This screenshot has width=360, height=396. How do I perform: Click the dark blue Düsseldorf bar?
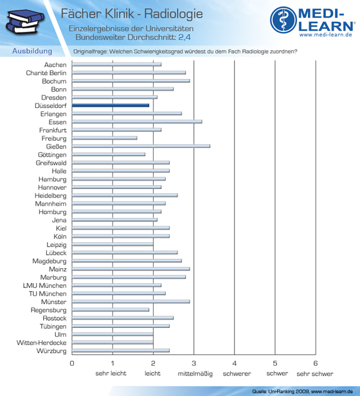point(111,105)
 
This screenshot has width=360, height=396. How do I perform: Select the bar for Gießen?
point(141,146)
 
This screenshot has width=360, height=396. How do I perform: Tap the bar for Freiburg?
point(105,138)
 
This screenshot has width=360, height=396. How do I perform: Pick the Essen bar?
point(137,122)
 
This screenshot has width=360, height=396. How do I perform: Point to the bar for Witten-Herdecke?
point(113,343)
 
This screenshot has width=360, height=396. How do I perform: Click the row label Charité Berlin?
point(46,73)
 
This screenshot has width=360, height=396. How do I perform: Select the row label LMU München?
point(45,285)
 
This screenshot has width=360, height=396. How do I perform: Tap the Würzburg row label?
point(51,351)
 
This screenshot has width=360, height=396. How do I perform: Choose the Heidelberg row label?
point(51,195)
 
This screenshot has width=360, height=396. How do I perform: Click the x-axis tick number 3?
point(194,363)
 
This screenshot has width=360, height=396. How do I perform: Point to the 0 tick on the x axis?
point(72,363)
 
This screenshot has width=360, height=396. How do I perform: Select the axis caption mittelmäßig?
point(195,373)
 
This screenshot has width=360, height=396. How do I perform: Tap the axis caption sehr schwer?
point(315,373)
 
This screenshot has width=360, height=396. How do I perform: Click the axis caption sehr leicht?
point(111,373)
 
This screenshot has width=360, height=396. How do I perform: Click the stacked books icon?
point(25,21)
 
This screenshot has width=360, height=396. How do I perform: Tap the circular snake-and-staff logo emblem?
point(283,20)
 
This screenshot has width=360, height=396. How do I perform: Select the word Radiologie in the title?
point(174,14)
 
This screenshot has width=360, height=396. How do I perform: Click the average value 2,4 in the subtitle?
point(184,37)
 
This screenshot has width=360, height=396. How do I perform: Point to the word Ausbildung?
point(32,51)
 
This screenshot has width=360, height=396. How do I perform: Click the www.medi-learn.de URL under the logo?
point(326,35)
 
